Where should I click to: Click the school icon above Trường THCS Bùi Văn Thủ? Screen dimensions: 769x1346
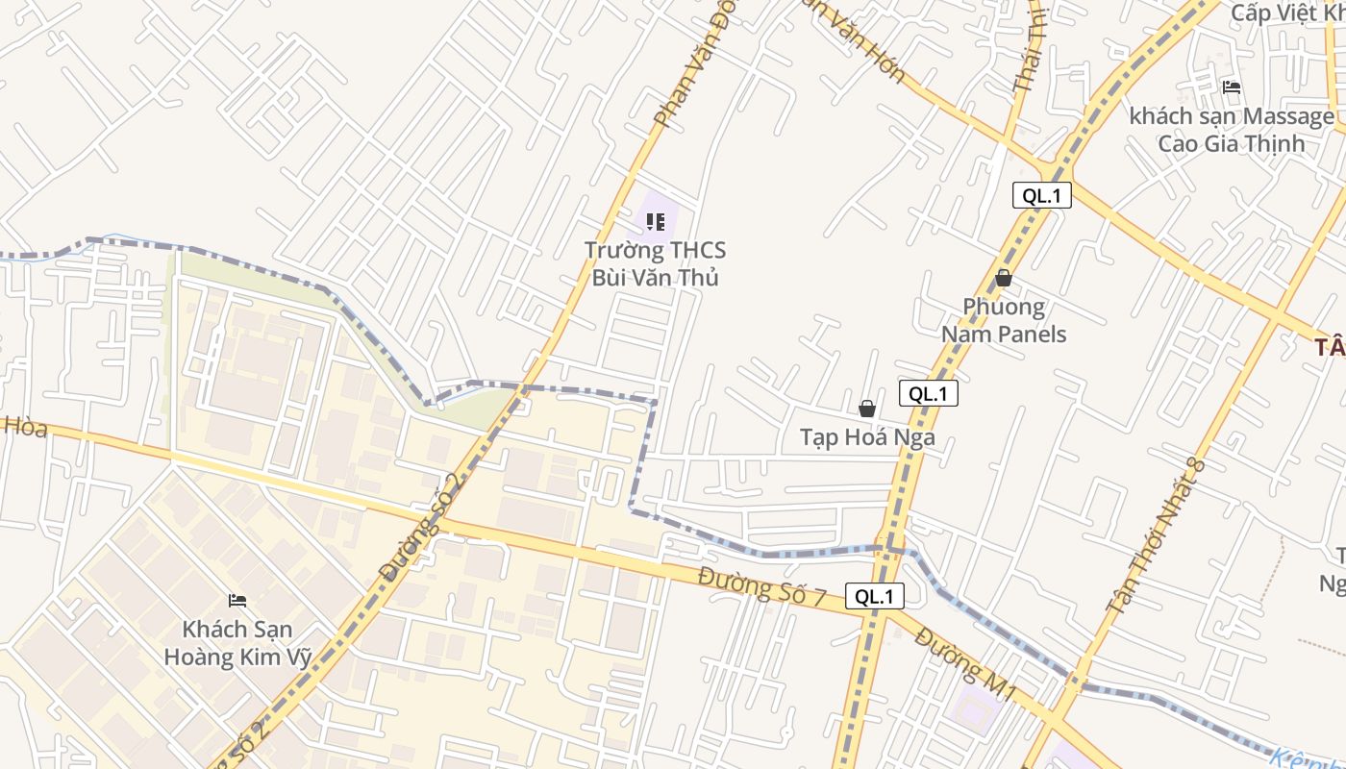click(x=656, y=223)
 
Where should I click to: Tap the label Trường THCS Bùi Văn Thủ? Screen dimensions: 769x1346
click(x=656, y=264)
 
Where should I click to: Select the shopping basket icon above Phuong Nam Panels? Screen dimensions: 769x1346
click(x=1004, y=279)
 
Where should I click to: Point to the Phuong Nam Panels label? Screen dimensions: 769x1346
click(x=1004, y=320)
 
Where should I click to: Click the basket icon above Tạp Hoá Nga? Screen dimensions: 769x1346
click(x=867, y=409)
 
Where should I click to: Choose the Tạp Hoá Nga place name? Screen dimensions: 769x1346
click(x=867, y=437)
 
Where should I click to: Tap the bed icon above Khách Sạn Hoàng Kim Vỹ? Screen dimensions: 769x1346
click(x=237, y=601)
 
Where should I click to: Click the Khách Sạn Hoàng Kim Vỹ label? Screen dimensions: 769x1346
click(x=238, y=643)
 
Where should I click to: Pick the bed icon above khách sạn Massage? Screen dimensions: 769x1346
click(x=1232, y=87)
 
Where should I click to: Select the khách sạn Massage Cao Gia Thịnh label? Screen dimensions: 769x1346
click(x=1232, y=130)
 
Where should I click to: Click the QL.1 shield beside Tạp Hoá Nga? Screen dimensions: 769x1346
click(x=929, y=393)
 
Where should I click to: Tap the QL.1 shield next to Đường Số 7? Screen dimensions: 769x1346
click(x=875, y=596)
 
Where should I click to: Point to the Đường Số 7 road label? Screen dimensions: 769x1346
click(x=762, y=586)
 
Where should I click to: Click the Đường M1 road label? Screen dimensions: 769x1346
click(x=965, y=663)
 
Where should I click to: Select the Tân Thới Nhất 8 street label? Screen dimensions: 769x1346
click(x=1156, y=534)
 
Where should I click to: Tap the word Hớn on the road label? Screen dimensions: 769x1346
click(x=885, y=62)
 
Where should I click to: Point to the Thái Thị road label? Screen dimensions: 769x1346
click(x=1029, y=53)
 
